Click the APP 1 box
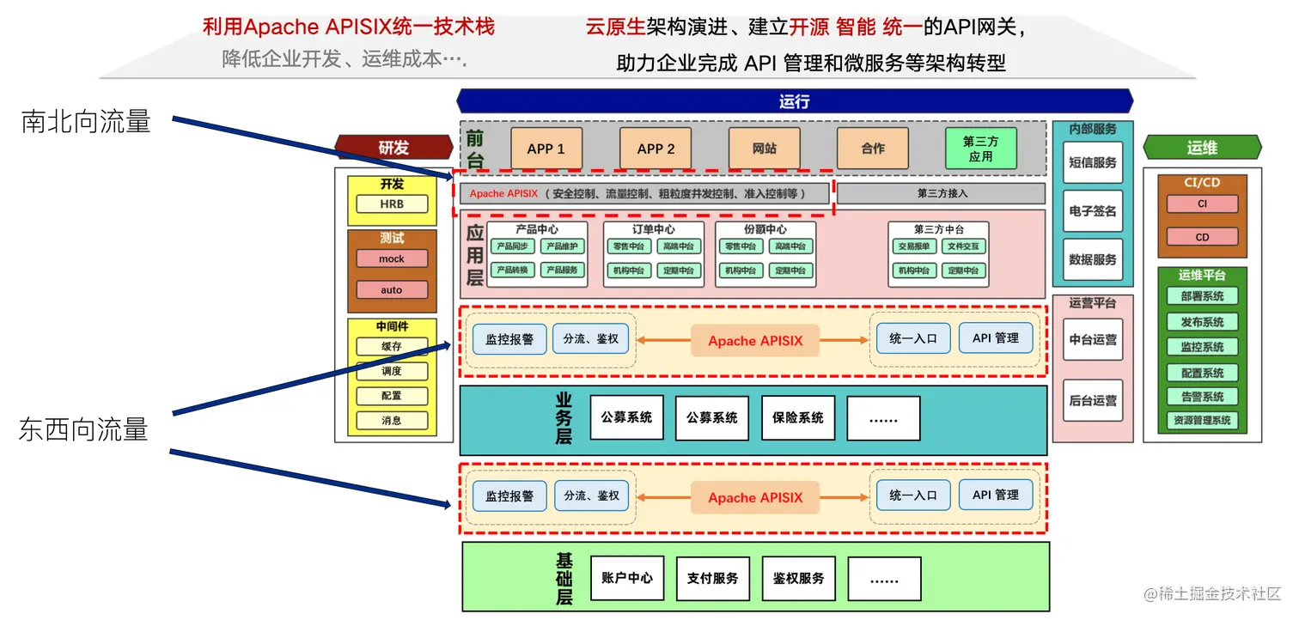click(546, 149)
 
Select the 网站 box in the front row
click(764, 149)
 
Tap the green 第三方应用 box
click(980, 149)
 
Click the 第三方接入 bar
click(942, 193)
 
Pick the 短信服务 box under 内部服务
click(1093, 162)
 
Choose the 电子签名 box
click(1093, 210)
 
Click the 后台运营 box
click(1093, 400)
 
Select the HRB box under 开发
click(392, 204)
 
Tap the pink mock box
click(392, 258)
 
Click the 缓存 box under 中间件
click(392, 346)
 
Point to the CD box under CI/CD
click(1202, 237)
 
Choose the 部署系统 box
click(1202, 296)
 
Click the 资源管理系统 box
click(1202, 421)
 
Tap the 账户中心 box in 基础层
click(627, 578)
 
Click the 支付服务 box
click(712, 578)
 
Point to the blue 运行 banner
click(794, 101)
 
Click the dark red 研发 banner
click(393, 148)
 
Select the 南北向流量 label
click(86, 122)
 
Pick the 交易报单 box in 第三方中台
click(915, 246)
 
